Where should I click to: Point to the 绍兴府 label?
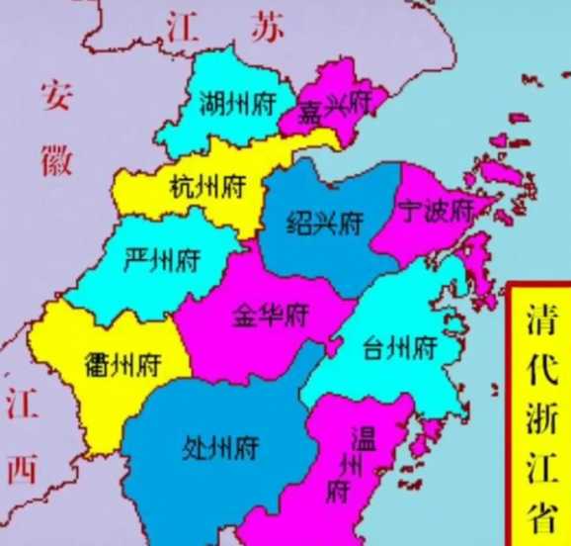coord(322,222)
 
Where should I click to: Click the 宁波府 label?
coord(432,209)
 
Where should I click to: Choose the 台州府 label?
coord(400,348)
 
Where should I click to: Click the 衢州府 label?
coord(122,365)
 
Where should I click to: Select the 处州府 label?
coord(220,447)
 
